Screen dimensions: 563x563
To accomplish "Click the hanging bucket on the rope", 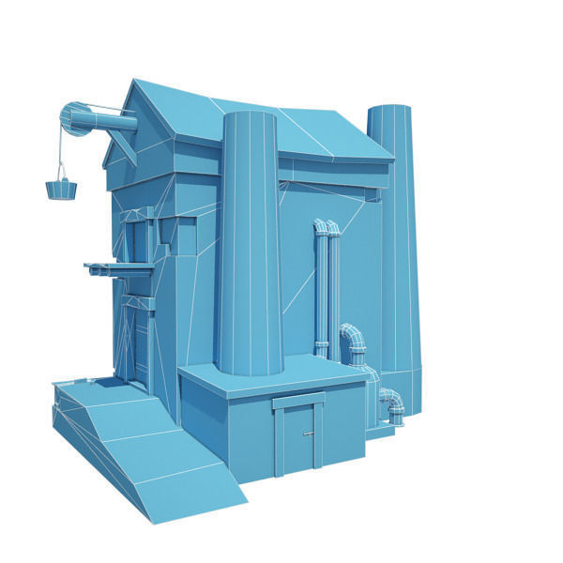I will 61,189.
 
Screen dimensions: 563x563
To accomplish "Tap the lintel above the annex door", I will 298,402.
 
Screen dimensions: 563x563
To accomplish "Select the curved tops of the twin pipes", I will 327,227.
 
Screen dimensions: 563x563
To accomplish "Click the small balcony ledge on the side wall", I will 117,269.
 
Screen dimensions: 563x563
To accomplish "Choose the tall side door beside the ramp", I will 138,342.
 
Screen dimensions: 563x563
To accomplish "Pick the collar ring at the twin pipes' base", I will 322,349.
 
